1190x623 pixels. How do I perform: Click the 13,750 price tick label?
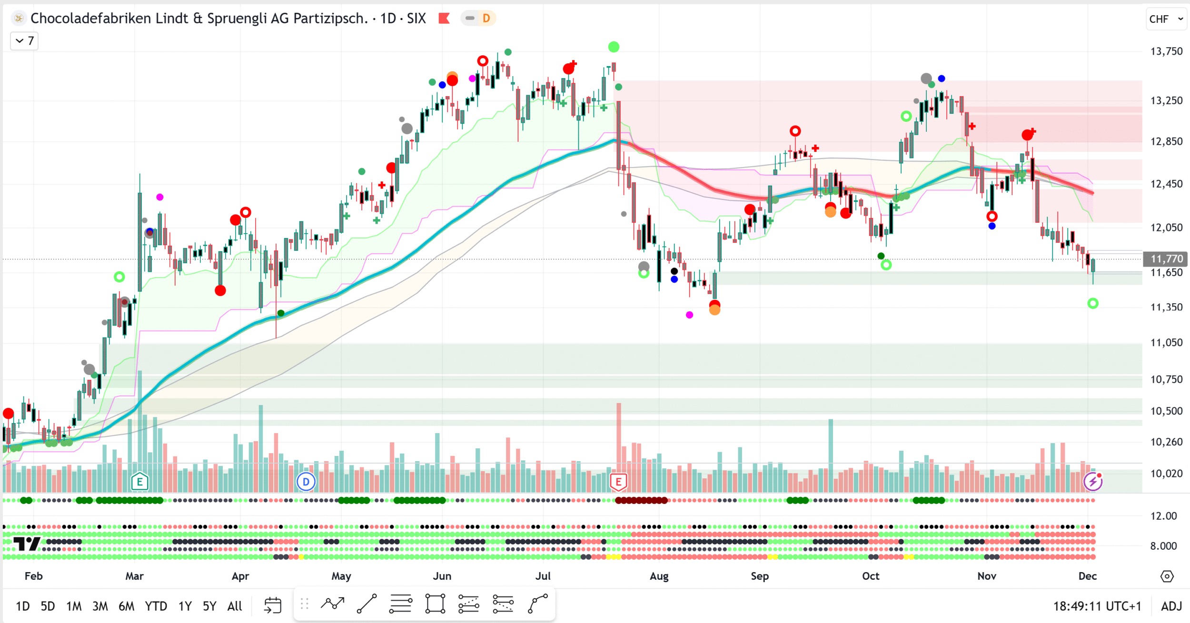coord(1166,51)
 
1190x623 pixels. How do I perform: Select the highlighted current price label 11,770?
coord(1166,259)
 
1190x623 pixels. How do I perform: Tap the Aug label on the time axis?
coord(659,576)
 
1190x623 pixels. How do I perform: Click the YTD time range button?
coord(156,606)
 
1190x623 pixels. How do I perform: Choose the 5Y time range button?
coord(209,606)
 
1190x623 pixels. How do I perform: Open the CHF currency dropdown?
coord(1166,19)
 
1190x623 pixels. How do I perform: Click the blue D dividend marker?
coord(306,482)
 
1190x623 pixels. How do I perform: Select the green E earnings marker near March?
coord(139,482)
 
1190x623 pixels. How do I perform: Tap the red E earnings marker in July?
coord(618,482)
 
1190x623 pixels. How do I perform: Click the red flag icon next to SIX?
coord(444,19)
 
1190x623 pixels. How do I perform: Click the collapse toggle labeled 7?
coord(24,41)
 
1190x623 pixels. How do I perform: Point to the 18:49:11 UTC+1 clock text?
coord(1097,606)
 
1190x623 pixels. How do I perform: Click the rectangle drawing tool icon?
coord(435,604)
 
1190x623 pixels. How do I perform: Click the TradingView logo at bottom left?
coord(27,544)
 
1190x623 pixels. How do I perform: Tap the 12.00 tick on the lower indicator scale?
coord(1163,516)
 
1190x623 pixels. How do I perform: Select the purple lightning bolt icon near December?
coord(1092,482)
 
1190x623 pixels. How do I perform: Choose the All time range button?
coord(235,606)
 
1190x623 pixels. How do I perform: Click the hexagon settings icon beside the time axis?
coord(1167,576)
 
